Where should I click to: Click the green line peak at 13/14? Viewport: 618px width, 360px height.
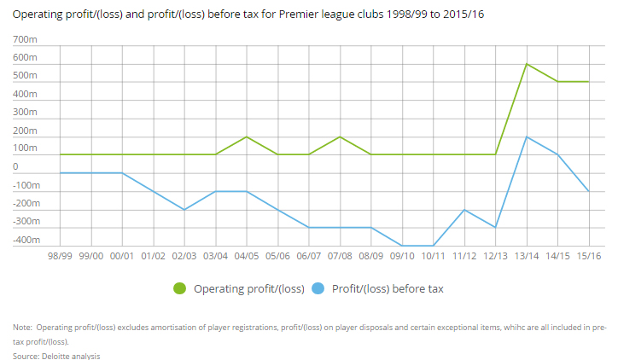coord(527,64)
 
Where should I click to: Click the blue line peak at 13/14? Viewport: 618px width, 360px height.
coord(527,136)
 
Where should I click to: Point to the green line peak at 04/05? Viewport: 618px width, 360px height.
coord(247,136)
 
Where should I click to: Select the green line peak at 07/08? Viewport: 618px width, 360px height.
coord(340,136)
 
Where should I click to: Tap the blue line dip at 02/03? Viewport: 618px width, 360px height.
coord(184,209)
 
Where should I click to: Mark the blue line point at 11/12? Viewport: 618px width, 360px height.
coord(464,209)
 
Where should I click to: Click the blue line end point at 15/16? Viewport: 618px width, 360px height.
coord(589,191)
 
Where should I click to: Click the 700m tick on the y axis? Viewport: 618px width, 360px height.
coord(26,40)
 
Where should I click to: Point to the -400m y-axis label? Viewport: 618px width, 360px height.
coord(26,240)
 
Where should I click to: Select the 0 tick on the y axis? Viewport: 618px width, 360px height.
coord(15,167)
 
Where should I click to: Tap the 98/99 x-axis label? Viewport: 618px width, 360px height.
coord(60,255)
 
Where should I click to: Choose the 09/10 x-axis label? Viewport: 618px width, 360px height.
coord(402,255)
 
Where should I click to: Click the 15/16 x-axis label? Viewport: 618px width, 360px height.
coord(589,255)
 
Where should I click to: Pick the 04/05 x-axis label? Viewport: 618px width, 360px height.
coord(247,255)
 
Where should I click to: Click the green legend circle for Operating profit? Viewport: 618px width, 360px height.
coord(181,288)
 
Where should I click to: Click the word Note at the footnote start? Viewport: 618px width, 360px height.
coord(23,327)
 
